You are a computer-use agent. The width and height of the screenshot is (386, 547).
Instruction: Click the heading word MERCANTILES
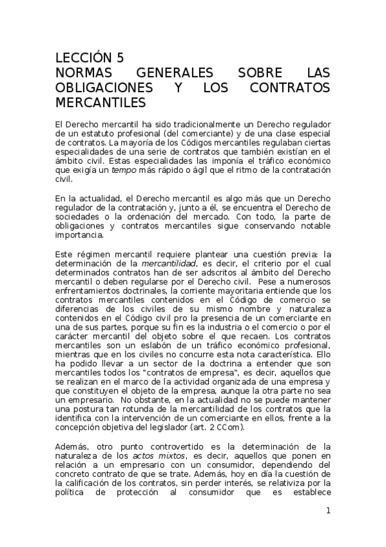[x=100, y=102]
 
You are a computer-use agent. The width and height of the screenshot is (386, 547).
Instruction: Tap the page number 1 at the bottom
[x=328, y=511]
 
